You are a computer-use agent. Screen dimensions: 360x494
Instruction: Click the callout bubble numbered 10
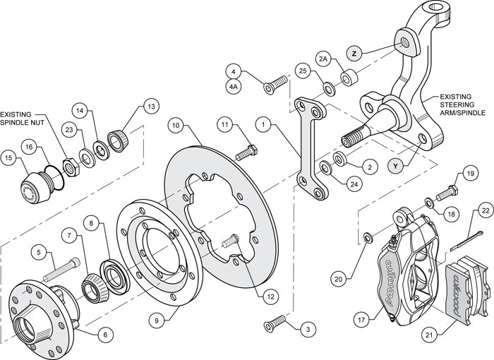point(176,125)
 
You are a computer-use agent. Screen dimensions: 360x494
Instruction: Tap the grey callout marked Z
point(355,53)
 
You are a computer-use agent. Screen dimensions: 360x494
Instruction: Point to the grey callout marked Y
point(397,166)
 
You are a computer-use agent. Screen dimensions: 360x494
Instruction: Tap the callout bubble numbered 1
point(263,125)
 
